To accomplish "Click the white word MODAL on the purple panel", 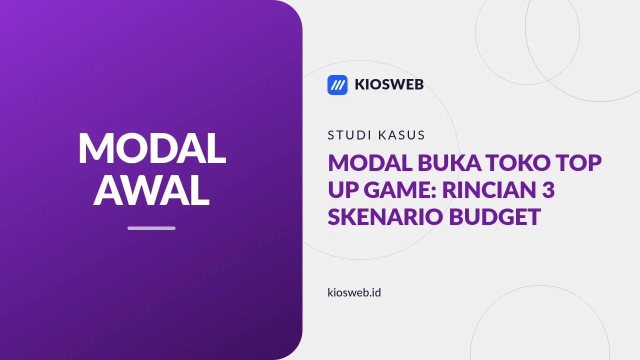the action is [152, 148].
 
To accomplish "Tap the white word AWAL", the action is [151, 189].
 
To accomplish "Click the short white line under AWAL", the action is [151, 228].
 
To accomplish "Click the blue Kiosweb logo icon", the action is [337, 85].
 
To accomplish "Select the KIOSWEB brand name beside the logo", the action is [389, 84].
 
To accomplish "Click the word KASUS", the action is [401, 135].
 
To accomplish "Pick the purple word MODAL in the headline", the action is [370, 162].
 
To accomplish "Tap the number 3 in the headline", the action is [548, 189].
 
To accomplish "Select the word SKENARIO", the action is [385, 216].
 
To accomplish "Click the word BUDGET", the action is [495, 216].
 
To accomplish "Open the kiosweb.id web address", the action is [354, 292].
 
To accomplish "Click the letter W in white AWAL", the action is [151, 189].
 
